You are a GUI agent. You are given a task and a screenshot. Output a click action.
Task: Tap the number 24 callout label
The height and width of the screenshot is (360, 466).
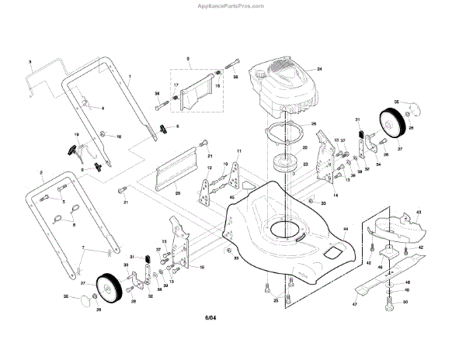click(x=318, y=69)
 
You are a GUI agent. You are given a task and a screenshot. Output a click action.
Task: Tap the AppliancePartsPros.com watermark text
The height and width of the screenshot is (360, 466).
click(x=232, y=5)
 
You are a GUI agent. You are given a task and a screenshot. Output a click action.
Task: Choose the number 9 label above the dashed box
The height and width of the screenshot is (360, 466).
click(x=187, y=60)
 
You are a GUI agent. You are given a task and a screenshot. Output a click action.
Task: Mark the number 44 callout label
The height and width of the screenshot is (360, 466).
click(x=345, y=230)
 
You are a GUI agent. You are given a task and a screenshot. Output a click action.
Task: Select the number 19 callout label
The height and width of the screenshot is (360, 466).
click(x=77, y=135)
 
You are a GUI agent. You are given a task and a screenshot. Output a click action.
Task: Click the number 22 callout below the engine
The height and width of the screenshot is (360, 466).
click(x=304, y=147)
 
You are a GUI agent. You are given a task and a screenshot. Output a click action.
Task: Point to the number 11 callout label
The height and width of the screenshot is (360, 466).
click(x=239, y=150)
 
